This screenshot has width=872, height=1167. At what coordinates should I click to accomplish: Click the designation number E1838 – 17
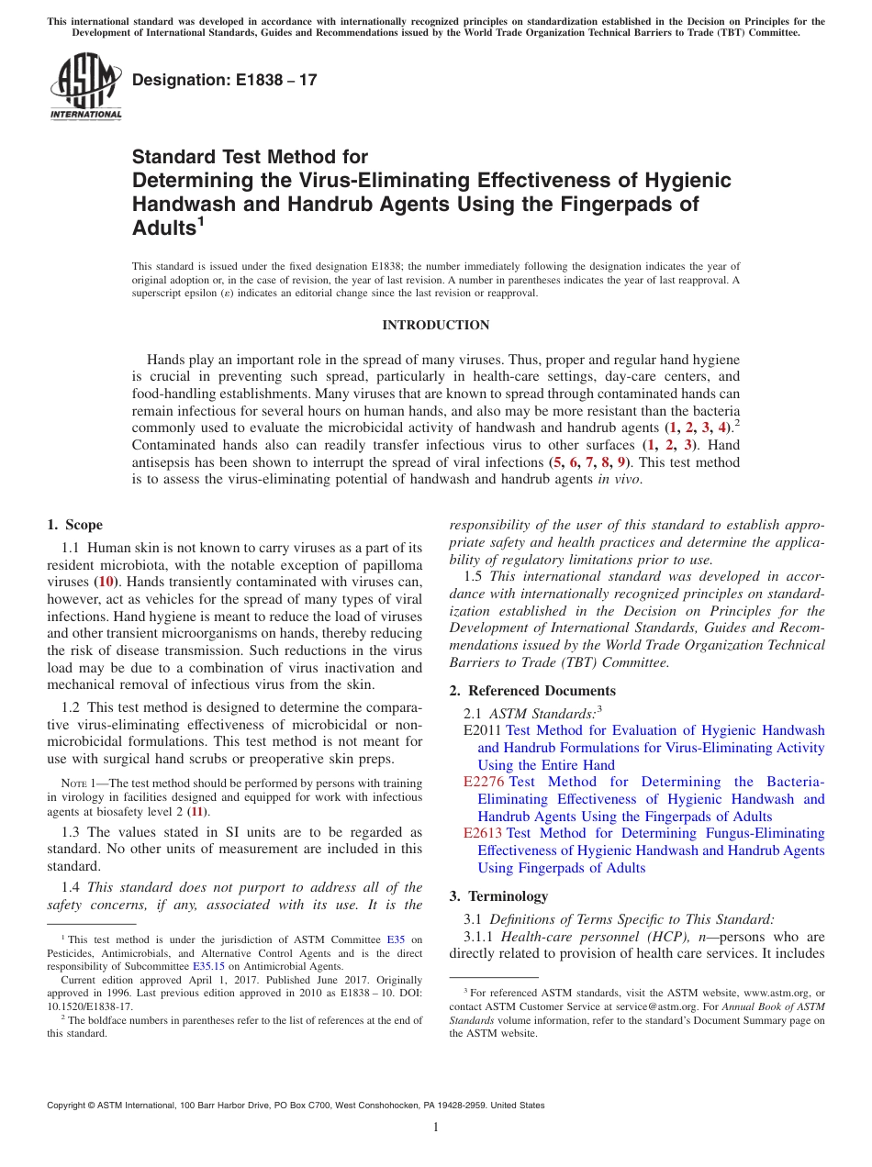pos(225,80)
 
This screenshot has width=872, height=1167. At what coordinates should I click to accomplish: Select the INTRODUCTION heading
pos(435,325)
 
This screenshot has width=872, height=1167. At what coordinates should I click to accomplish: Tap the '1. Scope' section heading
pos(74,525)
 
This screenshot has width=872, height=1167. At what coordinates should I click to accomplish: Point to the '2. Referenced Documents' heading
pos(532,691)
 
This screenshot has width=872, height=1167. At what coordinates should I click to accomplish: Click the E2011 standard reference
pos(483,731)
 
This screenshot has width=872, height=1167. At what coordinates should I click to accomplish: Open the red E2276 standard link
pos(484,783)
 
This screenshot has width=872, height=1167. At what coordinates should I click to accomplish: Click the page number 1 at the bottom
pos(436,1128)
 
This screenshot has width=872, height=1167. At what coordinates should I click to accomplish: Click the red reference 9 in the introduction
pos(621,462)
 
